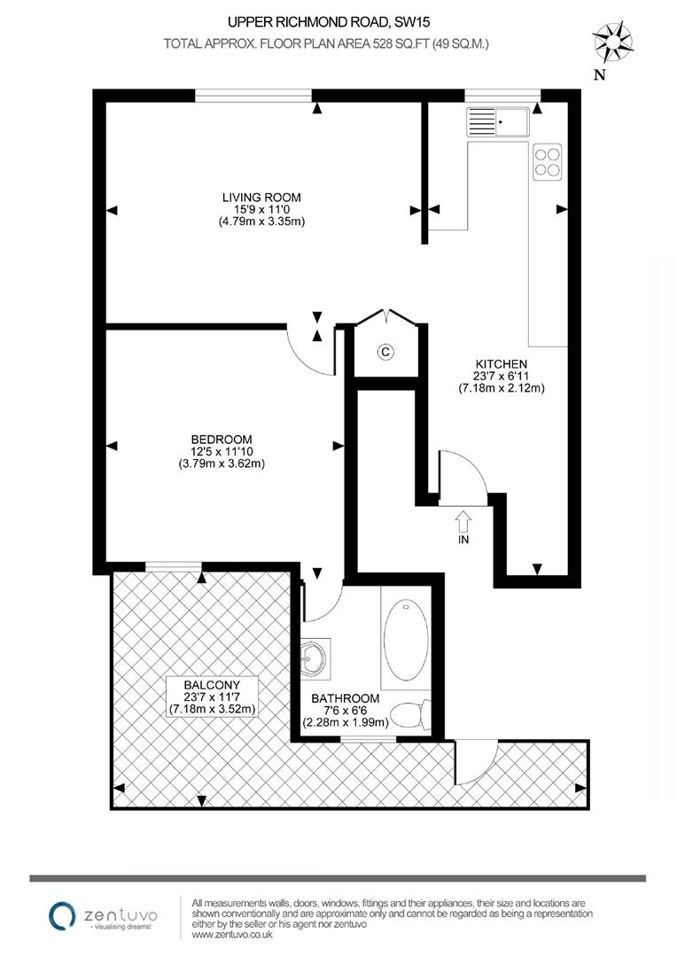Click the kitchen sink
(x=498, y=121)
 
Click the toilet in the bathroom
(x=411, y=712)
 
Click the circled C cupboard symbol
(x=385, y=352)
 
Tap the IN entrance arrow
(x=463, y=524)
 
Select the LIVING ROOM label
(x=261, y=197)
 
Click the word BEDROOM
(x=222, y=439)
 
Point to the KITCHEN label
(x=502, y=363)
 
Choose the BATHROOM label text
(x=346, y=698)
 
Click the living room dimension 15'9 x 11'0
(x=261, y=209)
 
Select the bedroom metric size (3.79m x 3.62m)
(x=222, y=463)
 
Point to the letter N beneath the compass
(x=599, y=75)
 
